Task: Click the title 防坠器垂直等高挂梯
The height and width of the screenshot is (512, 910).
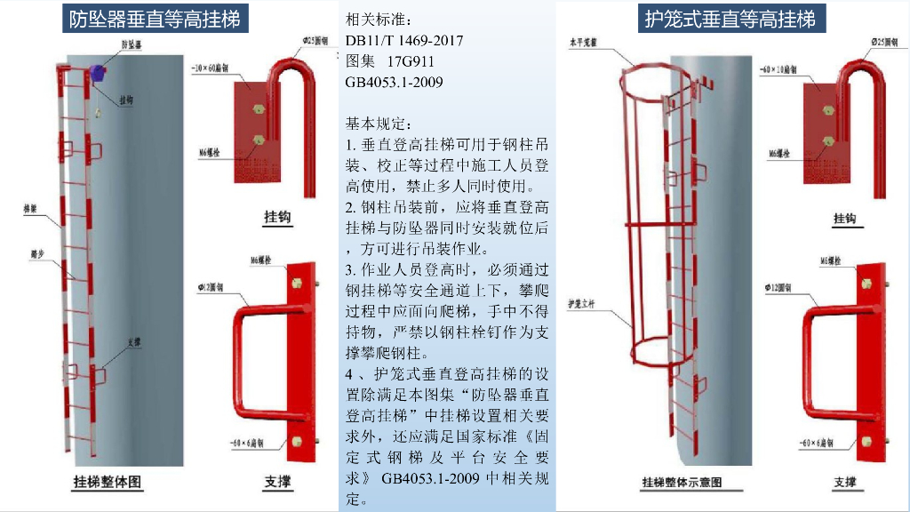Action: point(156,19)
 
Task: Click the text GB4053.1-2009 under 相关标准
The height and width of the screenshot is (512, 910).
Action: point(394,83)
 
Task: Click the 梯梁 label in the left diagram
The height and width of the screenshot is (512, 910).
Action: point(30,211)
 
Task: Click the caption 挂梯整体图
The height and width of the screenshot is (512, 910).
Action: point(108,482)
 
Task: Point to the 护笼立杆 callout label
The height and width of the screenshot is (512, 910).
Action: point(581,305)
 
